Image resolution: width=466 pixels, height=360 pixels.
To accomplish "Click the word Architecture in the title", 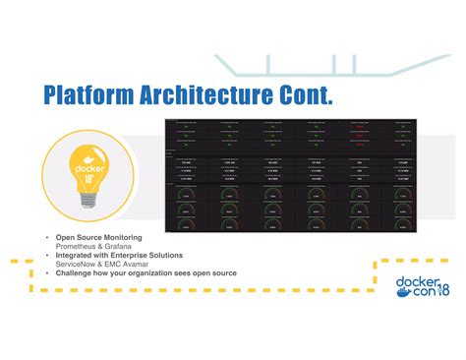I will click(208, 95).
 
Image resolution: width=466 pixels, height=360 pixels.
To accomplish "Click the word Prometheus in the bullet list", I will click(76, 245).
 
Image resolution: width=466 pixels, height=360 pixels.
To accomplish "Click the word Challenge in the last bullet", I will click(75, 271).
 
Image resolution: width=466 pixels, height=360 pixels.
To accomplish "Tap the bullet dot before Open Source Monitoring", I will click(46, 237).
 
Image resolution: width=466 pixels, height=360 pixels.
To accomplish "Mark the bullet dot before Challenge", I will click(46, 271).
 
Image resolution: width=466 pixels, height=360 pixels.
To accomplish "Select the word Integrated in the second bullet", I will click(76, 254).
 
